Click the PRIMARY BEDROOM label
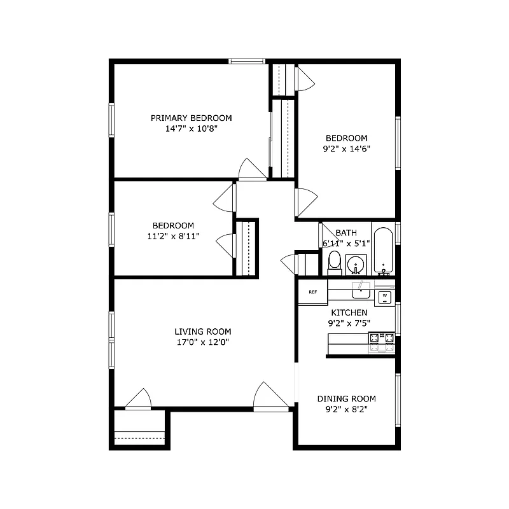[x=191, y=118]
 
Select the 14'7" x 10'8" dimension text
[x=191, y=128]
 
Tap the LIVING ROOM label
[x=203, y=331]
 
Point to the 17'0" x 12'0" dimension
[x=203, y=342]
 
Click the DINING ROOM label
[x=347, y=399]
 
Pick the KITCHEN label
[x=348, y=312]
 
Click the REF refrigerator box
[x=313, y=292]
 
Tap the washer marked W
[x=385, y=296]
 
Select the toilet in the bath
[x=334, y=261]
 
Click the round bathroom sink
[x=356, y=263]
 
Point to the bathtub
[x=383, y=250]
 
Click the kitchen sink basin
[x=361, y=291]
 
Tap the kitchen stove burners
[x=381, y=343]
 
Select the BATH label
[x=347, y=233]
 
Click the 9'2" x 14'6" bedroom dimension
[x=347, y=148]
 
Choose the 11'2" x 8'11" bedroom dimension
[x=173, y=236]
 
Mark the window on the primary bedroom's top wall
[x=248, y=61]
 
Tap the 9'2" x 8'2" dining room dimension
[x=347, y=409]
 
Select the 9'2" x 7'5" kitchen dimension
[x=348, y=323]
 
